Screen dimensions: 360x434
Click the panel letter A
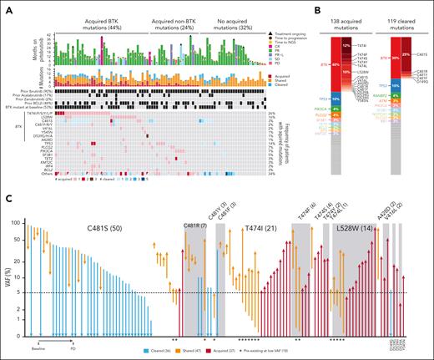pos(6,7)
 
